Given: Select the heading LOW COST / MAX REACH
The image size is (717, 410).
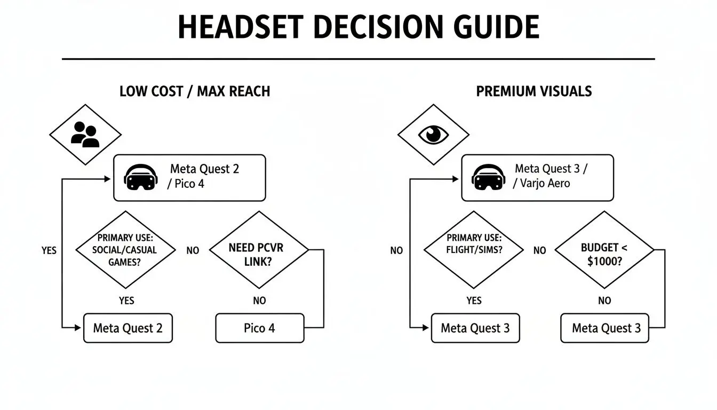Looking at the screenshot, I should click(x=194, y=91).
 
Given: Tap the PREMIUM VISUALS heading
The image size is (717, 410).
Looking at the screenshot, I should click(x=533, y=91).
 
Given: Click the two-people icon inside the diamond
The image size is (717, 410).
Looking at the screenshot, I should click(x=85, y=135).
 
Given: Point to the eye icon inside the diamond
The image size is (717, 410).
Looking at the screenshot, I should click(x=433, y=134).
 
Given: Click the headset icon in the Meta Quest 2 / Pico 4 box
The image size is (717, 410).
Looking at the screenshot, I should click(x=140, y=177).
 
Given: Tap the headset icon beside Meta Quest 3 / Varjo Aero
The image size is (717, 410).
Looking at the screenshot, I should click(x=488, y=177).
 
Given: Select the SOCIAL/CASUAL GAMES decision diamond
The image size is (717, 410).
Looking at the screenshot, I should click(x=125, y=250).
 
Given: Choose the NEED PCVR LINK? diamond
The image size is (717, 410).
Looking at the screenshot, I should click(x=259, y=250).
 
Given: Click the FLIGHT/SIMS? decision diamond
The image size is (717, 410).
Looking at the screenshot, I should click(x=473, y=250).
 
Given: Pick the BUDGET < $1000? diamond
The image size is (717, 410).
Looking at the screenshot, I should click(x=604, y=250).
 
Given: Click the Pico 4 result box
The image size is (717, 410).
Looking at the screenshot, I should click(x=259, y=328).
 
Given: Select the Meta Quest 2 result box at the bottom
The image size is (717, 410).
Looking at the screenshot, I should click(x=128, y=328).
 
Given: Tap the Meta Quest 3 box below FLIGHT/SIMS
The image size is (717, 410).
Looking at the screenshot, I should click(x=475, y=328).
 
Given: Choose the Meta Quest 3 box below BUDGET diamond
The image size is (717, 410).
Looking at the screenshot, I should click(x=606, y=328).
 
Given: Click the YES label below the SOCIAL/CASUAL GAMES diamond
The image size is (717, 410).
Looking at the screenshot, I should click(x=126, y=301).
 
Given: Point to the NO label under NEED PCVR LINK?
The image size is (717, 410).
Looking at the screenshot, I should click(x=259, y=301).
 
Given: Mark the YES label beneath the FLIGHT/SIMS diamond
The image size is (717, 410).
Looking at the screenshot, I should click(x=474, y=301).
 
